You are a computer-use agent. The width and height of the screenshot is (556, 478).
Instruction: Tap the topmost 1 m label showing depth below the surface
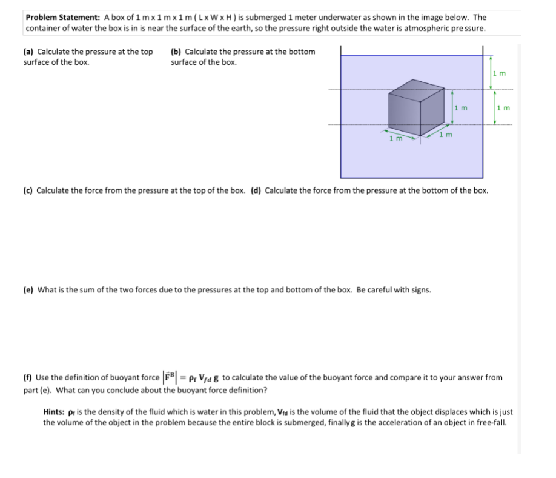499,73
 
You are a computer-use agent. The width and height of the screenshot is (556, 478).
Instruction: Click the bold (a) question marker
29,52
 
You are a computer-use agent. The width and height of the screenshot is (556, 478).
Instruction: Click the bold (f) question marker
28,377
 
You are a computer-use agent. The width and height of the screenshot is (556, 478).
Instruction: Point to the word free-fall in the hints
488,422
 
